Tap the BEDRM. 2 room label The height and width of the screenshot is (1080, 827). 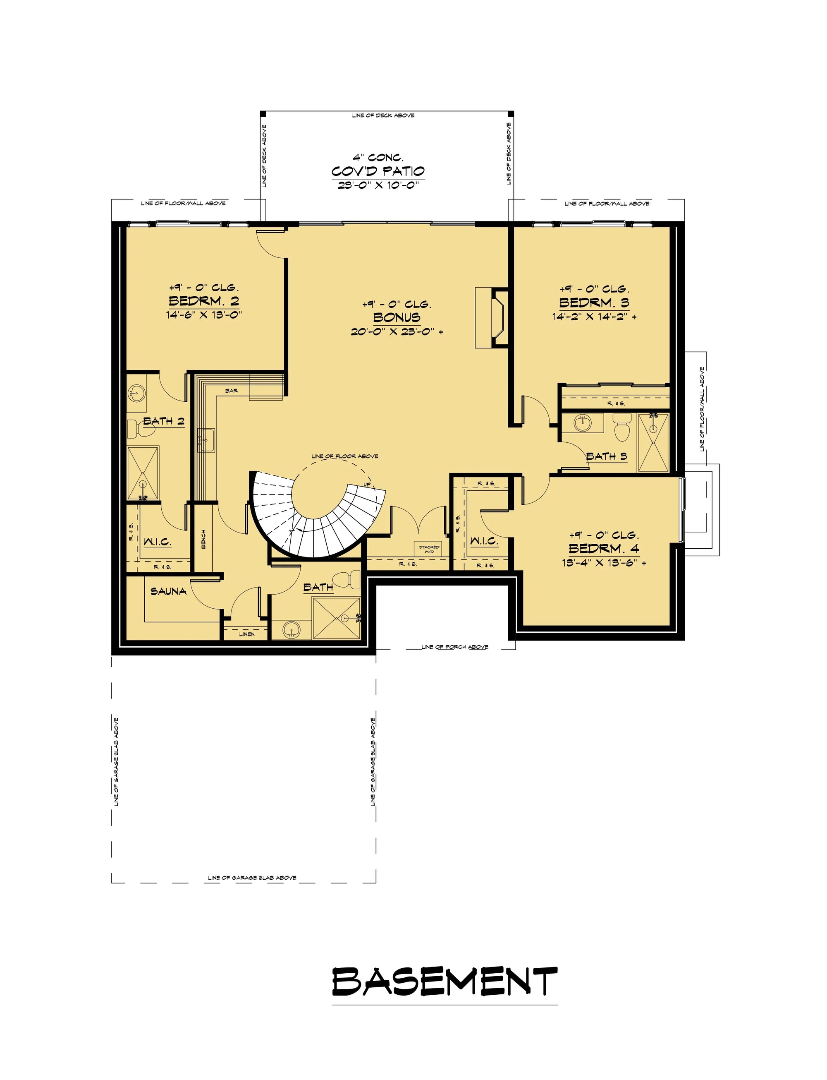(204, 300)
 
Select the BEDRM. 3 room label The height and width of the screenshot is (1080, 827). (594, 302)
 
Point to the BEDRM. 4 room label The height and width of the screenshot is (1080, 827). (604, 548)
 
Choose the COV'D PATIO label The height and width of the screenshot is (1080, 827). (378, 171)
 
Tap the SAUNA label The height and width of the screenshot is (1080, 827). (168, 591)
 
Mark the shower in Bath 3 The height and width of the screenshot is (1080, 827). (653, 443)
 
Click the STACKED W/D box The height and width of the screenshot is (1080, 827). (429, 549)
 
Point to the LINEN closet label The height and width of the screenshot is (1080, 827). (246, 634)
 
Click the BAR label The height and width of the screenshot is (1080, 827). (232, 391)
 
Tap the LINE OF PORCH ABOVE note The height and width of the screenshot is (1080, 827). (454, 647)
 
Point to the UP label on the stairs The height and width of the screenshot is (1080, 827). (367, 485)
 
